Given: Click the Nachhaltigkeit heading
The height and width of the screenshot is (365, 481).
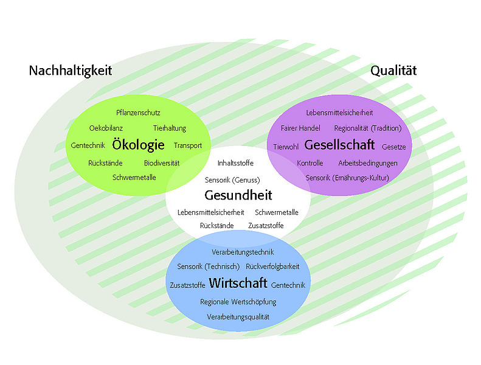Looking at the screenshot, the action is click(71, 71).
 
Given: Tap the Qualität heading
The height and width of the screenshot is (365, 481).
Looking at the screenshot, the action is click(393, 71).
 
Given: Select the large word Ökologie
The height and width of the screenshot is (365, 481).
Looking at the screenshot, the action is click(139, 145).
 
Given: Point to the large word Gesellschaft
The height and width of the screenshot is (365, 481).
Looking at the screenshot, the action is click(339, 145).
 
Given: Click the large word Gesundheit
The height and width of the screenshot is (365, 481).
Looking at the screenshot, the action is click(238, 195).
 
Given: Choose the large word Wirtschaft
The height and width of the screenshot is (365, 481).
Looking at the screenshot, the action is click(238, 283).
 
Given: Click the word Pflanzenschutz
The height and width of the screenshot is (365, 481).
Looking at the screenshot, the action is click(138, 113).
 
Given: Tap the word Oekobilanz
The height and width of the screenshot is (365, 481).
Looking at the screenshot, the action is click(106, 128).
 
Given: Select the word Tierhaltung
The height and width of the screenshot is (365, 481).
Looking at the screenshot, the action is click(170, 128).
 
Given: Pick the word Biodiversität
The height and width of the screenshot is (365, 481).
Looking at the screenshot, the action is click(162, 163).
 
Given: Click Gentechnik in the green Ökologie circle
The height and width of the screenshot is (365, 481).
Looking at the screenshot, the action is click(88, 145).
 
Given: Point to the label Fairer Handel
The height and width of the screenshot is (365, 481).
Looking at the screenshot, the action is click(300, 128).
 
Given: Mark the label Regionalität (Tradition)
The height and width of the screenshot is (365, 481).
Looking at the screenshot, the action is click(368, 128).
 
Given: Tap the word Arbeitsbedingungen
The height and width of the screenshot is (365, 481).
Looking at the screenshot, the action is click(368, 163).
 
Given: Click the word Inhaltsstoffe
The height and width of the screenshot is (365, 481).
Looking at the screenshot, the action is click(235, 163).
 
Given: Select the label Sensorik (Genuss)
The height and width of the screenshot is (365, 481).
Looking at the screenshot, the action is click(232, 180).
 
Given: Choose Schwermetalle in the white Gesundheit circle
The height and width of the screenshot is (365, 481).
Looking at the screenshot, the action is click(277, 212).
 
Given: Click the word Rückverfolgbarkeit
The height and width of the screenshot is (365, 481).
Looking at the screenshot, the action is click(272, 266).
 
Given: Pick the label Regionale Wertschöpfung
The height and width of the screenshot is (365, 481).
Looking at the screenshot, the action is click(238, 302).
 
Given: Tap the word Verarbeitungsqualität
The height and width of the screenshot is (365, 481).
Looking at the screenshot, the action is click(238, 317).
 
